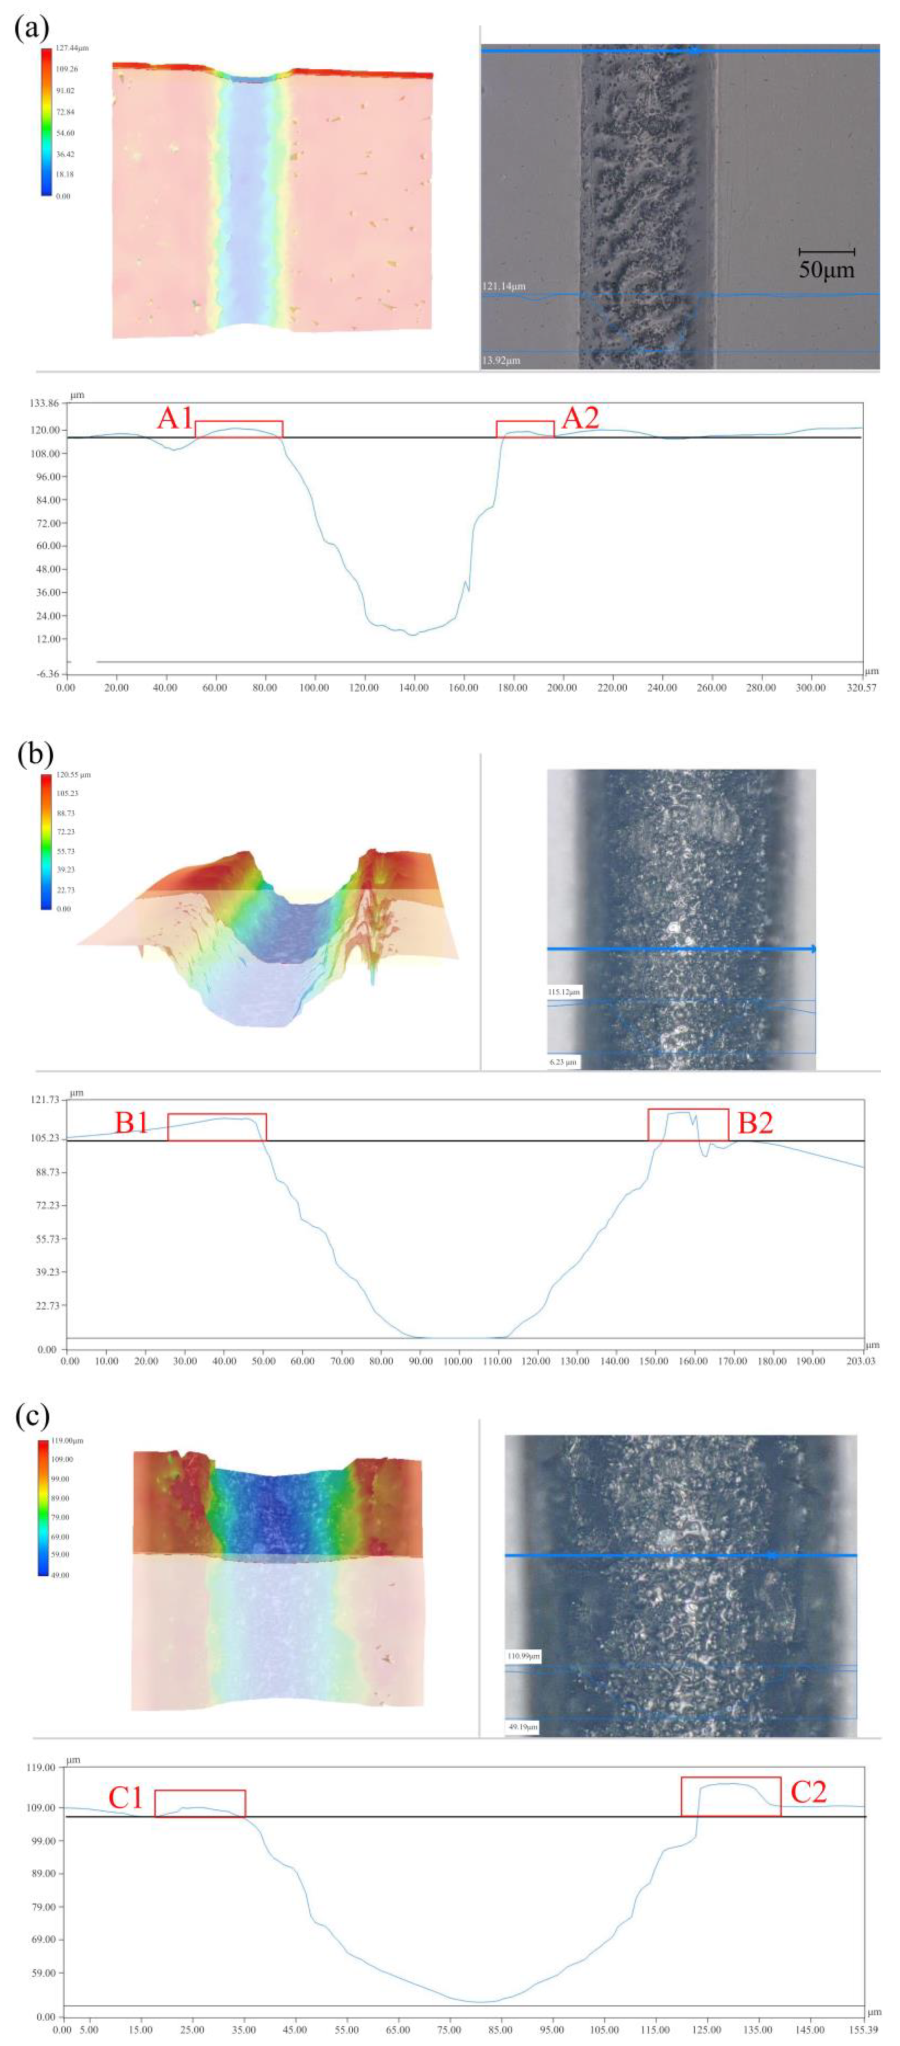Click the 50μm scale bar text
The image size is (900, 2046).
[826, 270]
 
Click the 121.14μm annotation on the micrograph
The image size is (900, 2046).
[504, 285]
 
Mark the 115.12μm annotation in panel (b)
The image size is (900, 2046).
[564, 992]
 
